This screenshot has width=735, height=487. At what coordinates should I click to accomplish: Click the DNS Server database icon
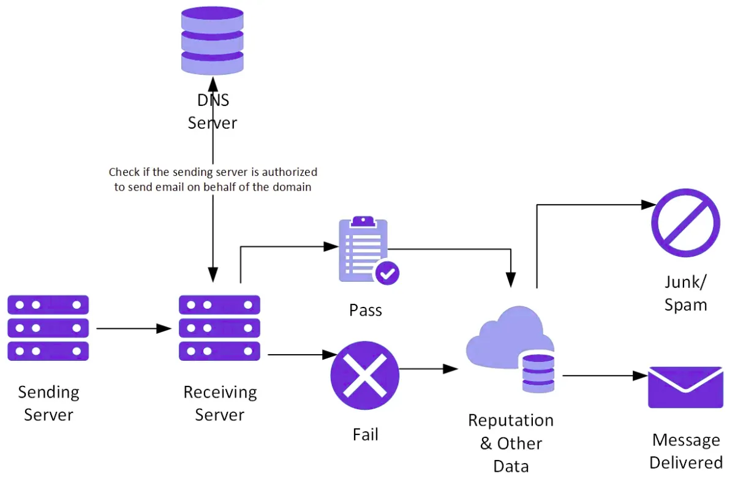(212, 40)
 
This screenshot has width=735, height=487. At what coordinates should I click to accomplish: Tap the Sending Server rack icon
(48, 328)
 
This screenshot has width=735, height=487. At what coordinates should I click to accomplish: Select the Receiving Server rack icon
(219, 328)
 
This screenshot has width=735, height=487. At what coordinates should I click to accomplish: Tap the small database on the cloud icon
(538, 373)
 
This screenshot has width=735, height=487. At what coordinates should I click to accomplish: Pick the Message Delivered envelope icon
(685, 387)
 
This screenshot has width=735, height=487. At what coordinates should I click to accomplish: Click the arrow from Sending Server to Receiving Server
(134, 329)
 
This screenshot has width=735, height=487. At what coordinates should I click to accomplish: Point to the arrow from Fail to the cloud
(428, 369)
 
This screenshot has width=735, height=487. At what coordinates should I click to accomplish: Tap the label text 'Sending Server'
(48, 403)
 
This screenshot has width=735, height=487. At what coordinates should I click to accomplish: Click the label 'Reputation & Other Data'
(510, 443)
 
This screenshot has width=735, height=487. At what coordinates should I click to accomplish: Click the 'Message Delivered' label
(685, 451)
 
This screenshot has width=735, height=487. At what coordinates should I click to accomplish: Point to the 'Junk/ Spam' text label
(685, 293)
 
